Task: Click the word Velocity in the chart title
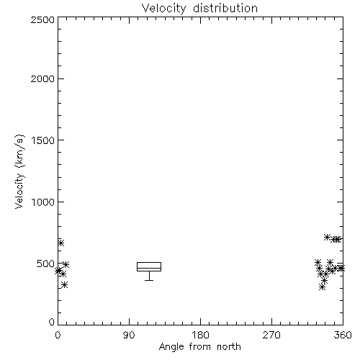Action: point(164,9)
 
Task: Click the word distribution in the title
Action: point(225,8)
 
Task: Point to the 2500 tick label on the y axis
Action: point(42,19)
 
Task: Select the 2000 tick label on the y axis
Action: point(42,78)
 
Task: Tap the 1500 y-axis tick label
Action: point(43,140)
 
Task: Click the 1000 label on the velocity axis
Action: point(43,202)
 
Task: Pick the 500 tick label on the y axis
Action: point(46,264)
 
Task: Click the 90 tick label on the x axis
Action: point(129,335)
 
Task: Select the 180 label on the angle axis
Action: point(200,335)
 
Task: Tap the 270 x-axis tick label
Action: point(271,335)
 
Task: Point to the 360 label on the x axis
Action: point(343,335)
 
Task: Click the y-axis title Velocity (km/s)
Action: point(19,171)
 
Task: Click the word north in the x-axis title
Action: point(229,347)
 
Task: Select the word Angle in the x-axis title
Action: point(171,347)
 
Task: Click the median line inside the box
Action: point(149,268)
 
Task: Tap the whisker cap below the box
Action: point(149,280)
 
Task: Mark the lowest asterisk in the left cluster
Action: point(64,285)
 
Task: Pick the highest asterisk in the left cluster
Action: point(60,243)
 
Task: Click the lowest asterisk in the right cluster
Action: point(323,287)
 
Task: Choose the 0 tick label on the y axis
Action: point(52,322)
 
